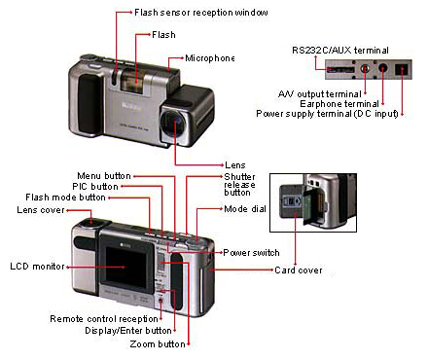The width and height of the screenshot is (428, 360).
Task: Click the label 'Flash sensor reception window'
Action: coord(199,13)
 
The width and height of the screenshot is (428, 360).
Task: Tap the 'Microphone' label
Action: coord(210,57)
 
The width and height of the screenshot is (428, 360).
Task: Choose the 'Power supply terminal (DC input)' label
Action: coord(332,113)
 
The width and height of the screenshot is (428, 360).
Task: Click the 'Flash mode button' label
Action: coord(86,198)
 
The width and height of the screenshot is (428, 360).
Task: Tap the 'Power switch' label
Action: coord(252,252)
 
